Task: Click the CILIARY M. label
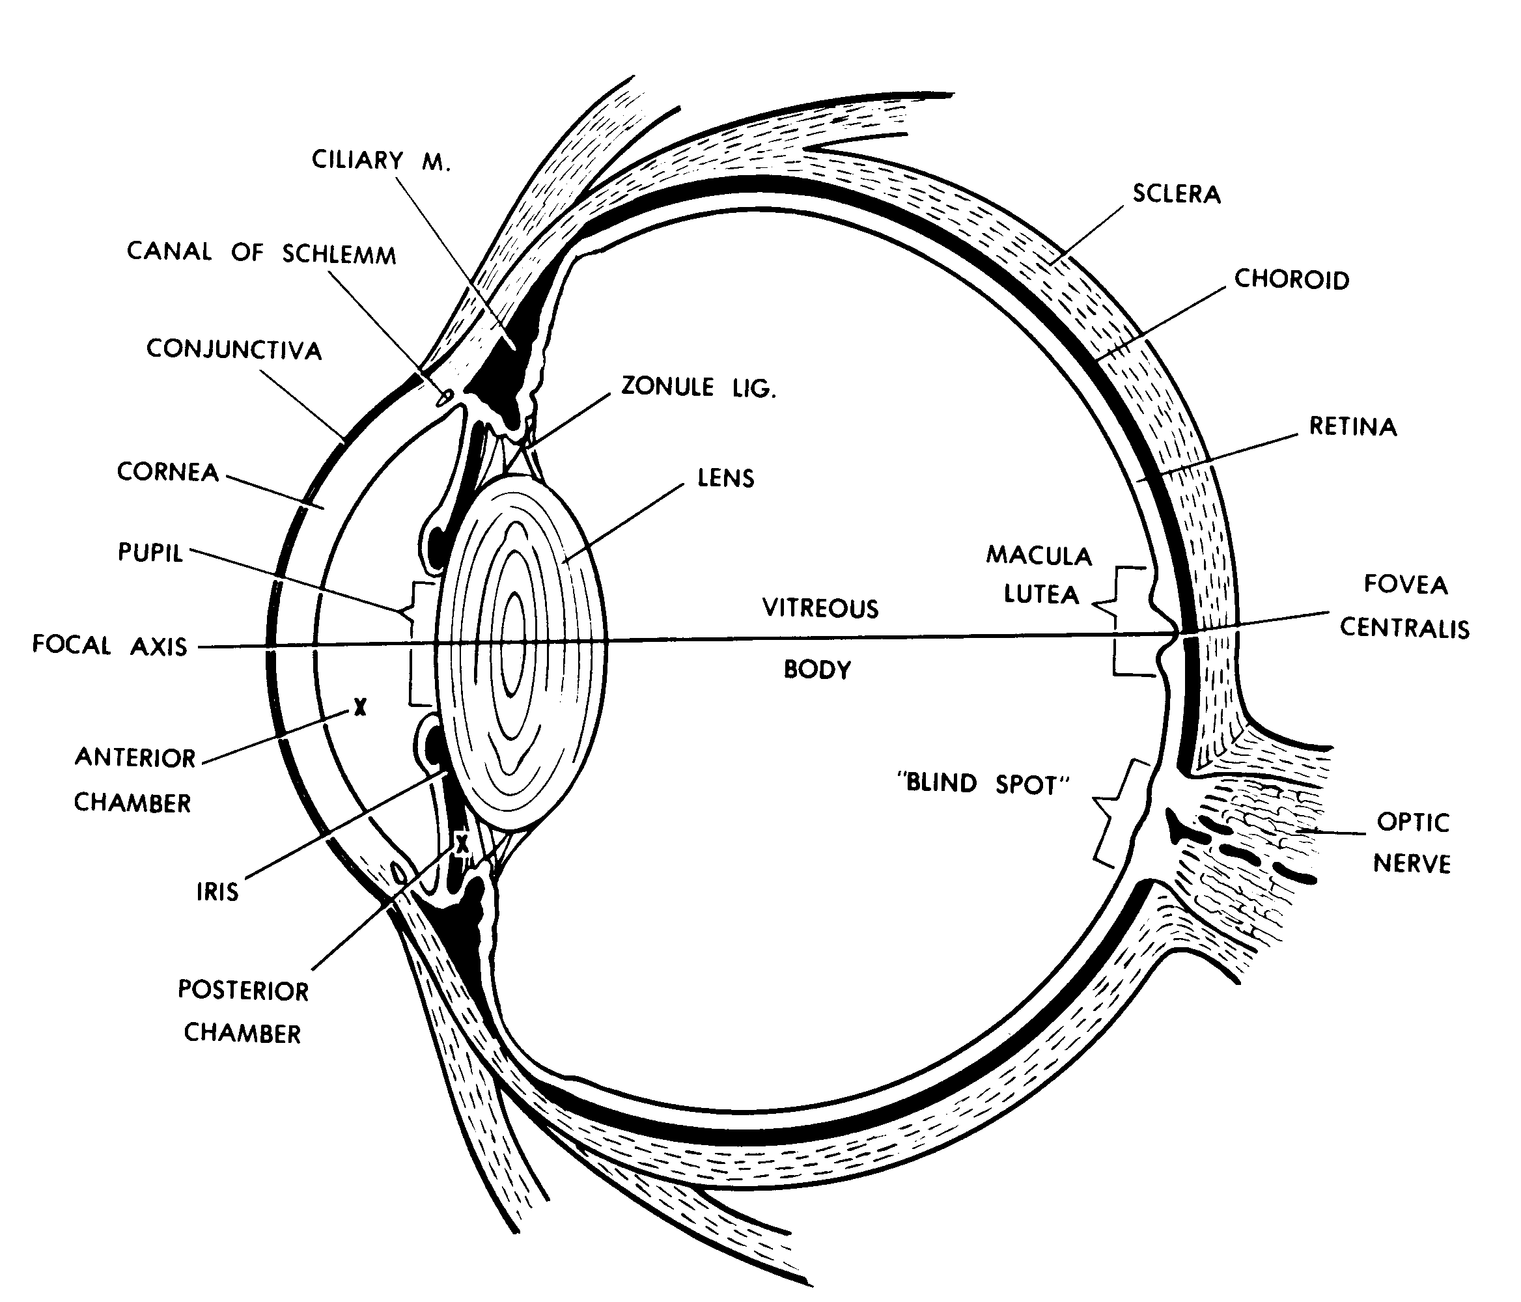(x=380, y=161)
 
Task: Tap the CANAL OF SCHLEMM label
(x=261, y=253)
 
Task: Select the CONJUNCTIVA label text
(x=234, y=350)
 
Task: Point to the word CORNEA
(x=168, y=472)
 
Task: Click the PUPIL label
(x=150, y=552)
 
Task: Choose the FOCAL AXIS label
(x=110, y=646)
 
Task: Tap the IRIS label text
(x=217, y=892)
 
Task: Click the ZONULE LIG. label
(x=698, y=387)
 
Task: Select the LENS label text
(x=725, y=478)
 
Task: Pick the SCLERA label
(x=1176, y=194)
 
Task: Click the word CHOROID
(x=1291, y=280)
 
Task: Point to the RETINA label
(x=1352, y=426)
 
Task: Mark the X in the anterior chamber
(x=359, y=707)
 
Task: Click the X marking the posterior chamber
(x=461, y=845)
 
